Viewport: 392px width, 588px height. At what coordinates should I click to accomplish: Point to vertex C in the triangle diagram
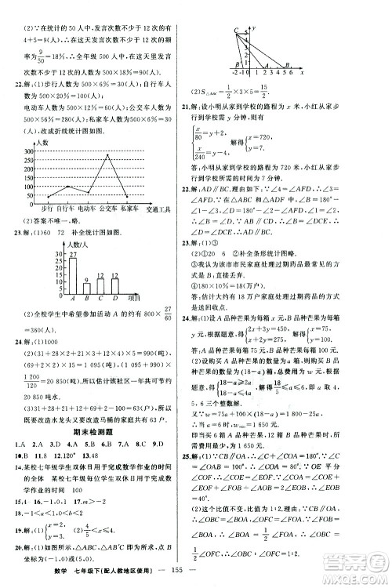[234, 29]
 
